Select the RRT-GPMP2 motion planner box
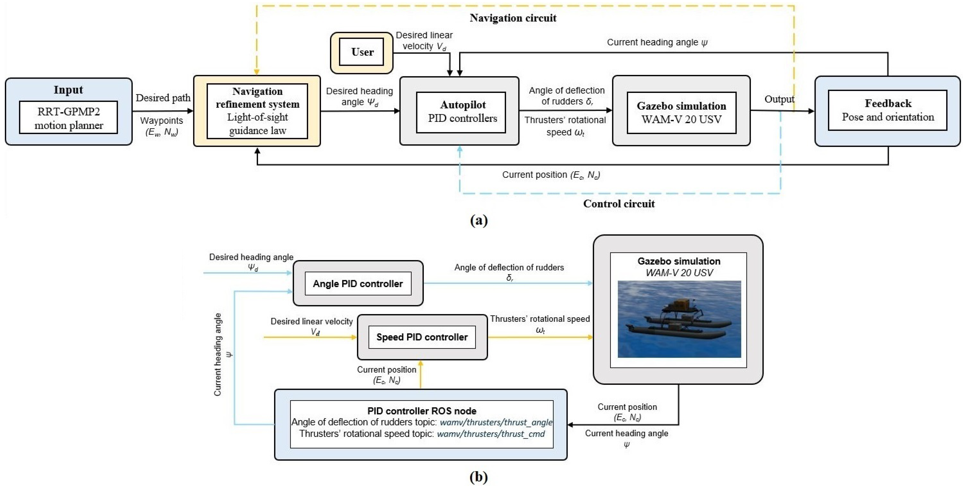pyautogui.click(x=69, y=118)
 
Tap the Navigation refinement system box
pyautogui.click(x=257, y=111)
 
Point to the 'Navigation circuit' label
pyautogui.click(x=513, y=18)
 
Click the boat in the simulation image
pyautogui.click(x=678, y=322)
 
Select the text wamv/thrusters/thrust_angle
pyautogui.click(x=496, y=422)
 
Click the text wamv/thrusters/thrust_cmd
pyautogui.click(x=491, y=434)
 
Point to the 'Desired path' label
pyautogui.click(x=163, y=98)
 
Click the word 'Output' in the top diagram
pyautogui.click(x=779, y=99)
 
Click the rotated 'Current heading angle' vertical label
pyautogui.click(x=218, y=354)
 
